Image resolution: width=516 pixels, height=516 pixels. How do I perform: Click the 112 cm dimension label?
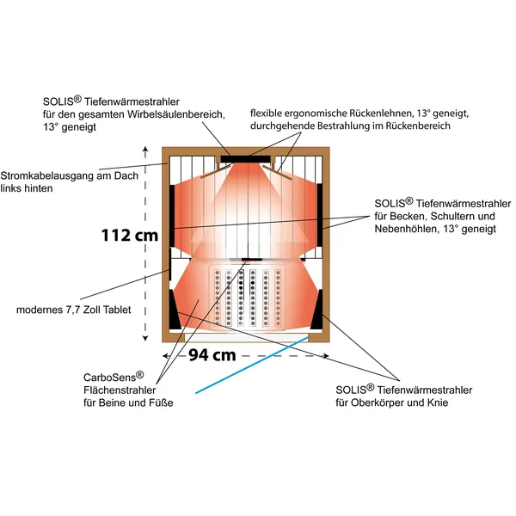click(x=130, y=236)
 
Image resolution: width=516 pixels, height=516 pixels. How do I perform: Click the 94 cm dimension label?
click(x=212, y=355)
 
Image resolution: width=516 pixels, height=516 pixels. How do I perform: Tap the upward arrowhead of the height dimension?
click(x=145, y=150)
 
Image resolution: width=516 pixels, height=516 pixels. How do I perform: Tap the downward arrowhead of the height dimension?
click(x=145, y=338)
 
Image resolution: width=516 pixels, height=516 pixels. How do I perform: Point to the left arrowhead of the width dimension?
click(x=166, y=356)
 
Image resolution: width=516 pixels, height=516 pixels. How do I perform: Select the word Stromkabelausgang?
click(x=47, y=176)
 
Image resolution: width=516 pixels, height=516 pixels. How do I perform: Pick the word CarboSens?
click(x=110, y=378)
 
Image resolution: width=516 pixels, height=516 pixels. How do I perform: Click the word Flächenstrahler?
click(x=120, y=390)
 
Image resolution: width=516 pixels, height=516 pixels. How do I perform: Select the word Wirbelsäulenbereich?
click(x=175, y=114)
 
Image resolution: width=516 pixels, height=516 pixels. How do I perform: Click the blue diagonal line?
click(x=252, y=365)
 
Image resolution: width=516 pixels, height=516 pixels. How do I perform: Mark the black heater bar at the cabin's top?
click(x=245, y=159)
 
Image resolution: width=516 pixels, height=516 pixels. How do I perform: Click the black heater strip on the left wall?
click(x=172, y=216)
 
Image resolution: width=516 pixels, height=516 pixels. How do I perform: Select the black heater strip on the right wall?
click(x=320, y=215)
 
